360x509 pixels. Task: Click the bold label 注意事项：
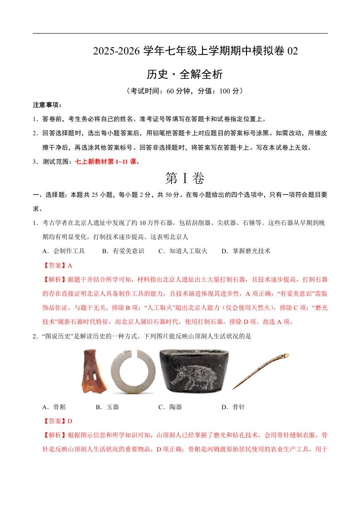click(x=47, y=105)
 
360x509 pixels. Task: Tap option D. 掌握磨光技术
click(x=246, y=250)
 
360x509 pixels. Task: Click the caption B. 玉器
click(x=107, y=407)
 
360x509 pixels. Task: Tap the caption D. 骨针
click(x=233, y=407)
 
